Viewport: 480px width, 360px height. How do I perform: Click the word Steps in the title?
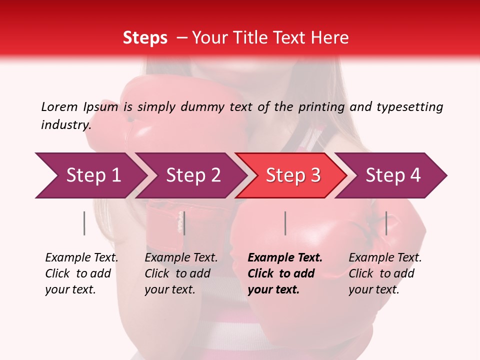145,38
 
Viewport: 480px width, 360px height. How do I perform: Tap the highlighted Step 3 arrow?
293,175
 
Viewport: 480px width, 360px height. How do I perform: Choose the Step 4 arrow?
393,175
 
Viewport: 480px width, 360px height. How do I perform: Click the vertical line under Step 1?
84,223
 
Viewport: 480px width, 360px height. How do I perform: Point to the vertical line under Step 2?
184,223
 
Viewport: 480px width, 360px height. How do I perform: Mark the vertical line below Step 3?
285,223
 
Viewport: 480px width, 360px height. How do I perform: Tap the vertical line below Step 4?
386,223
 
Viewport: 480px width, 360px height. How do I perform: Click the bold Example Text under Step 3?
285,258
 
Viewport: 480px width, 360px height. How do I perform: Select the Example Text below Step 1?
81,258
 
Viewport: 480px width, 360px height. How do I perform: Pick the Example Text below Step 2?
181,258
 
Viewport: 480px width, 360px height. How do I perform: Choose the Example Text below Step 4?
385,258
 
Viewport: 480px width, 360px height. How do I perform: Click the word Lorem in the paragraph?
59,106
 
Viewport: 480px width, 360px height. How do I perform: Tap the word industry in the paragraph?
65,125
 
